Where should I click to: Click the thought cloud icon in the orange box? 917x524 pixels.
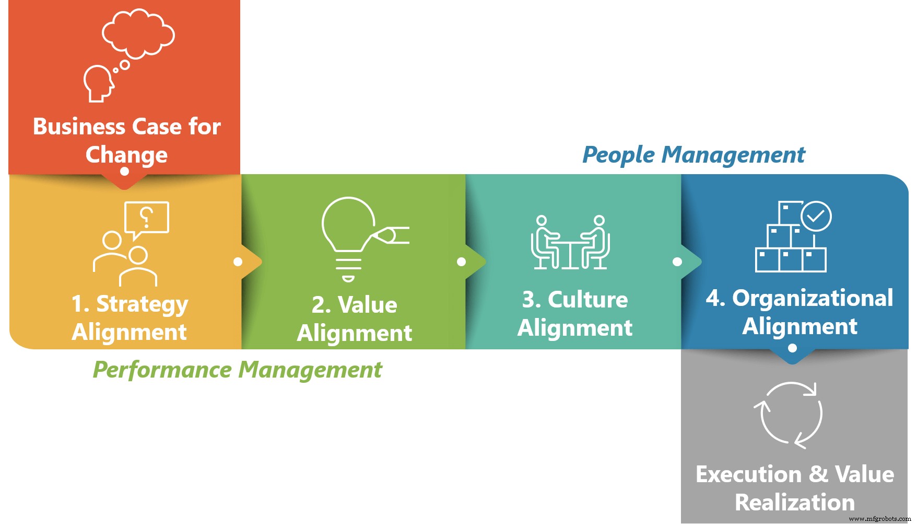click(138, 32)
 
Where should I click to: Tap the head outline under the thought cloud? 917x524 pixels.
click(98, 83)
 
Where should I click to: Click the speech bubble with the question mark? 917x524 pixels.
click(147, 218)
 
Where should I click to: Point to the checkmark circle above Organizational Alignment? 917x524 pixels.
click(816, 216)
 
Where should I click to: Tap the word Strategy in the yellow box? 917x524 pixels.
click(142, 304)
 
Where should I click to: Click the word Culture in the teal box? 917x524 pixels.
click(587, 300)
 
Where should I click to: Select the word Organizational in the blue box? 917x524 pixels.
click(813, 298)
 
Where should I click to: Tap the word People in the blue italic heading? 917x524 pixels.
click(618, 155)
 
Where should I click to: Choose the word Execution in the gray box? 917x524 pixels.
click(748, 474)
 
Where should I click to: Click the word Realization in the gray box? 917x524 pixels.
click(794, 503)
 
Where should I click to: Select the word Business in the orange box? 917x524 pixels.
click(79, 127)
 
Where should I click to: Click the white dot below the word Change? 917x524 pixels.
click(124, 171)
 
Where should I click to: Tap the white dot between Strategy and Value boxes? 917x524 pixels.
click(238, 261)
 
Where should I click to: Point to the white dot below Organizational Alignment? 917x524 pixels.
click(792, 348)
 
